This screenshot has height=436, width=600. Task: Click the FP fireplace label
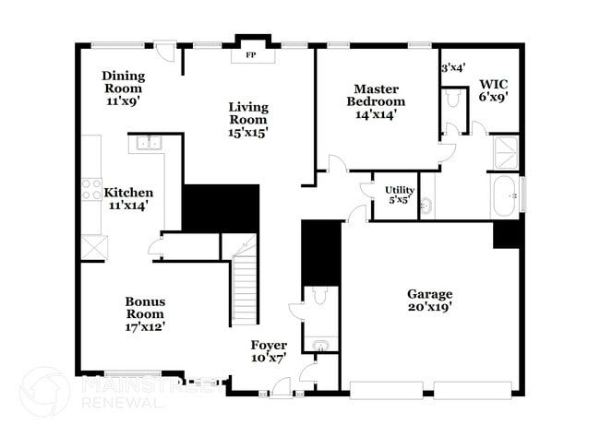[249, 55]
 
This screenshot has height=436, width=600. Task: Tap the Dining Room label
[123, 77]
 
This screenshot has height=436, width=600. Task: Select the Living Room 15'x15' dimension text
[248, 132]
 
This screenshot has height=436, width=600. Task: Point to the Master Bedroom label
[376, 95]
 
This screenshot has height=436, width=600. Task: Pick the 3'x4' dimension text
[452, 67]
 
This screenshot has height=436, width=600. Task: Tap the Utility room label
[400, 190]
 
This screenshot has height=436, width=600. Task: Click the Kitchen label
[127, 193]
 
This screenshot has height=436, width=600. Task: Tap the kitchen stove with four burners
[91, 189]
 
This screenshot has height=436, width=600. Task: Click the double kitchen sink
[148, 143]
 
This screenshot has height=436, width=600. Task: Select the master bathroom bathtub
[504, 196]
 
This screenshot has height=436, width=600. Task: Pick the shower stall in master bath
[506, 153]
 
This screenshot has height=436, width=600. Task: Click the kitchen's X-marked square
[94, 248]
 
